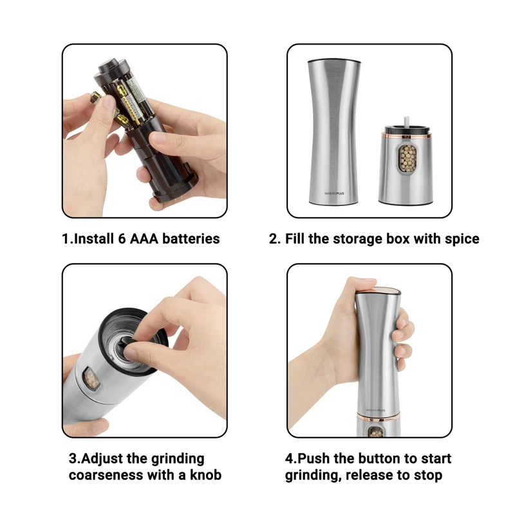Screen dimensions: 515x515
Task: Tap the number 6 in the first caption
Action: click(122, 239)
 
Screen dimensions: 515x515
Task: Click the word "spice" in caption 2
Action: click(462, 239)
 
